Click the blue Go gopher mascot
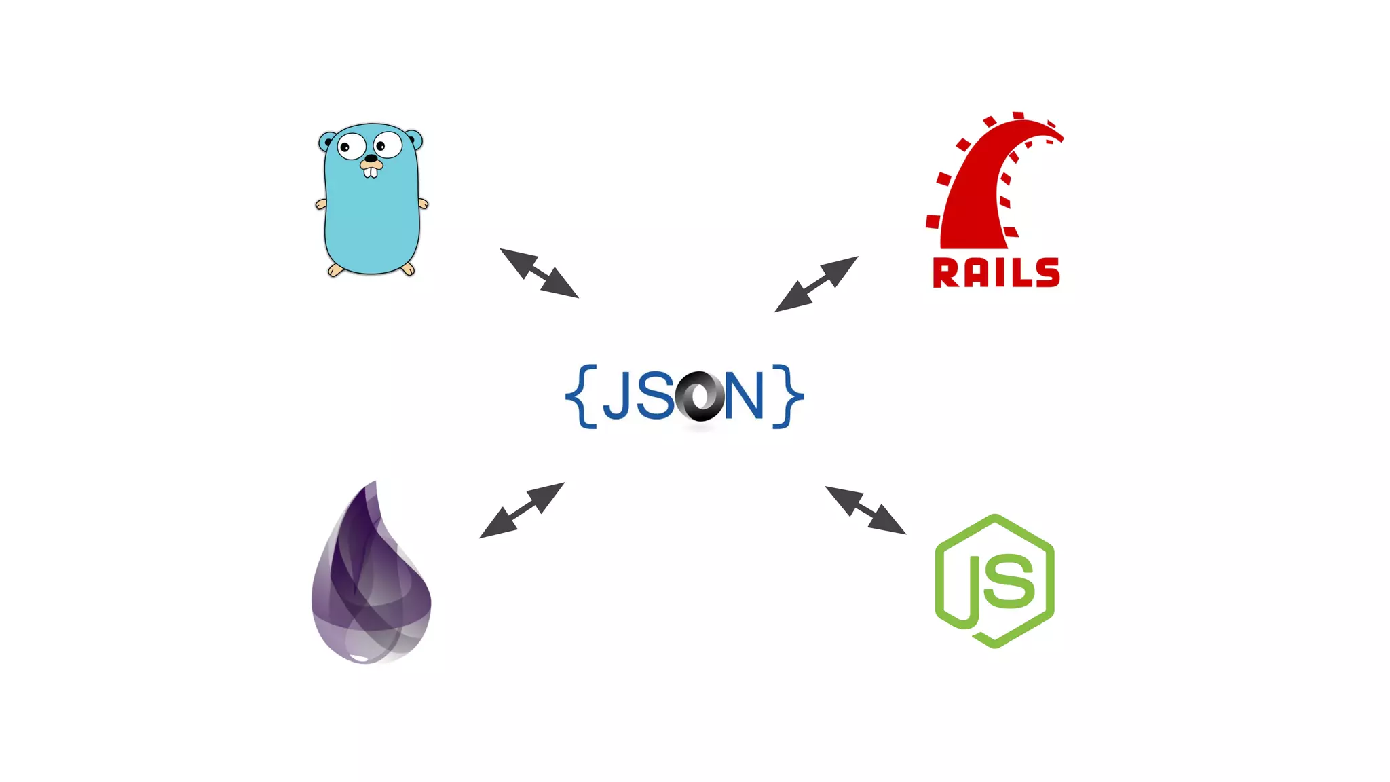click(x=371, y=204)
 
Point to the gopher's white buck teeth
click(x=371, y=172)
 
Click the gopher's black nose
click(x=371, y=160)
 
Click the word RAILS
click(x=996, y=273)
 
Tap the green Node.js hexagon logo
click(x=994, y=581)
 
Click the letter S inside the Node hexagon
click(x=1009, y=580)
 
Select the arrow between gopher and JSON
click(x=539, y=273)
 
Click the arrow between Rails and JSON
click(x=816, y=284)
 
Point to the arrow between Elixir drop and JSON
click(x=522, y=510)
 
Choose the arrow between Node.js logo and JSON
click(x=865, y=510)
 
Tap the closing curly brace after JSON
click(x=787, y=396)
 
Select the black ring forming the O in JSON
click(x=700, y=396)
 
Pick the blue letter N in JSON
click(x=744, y=396)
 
